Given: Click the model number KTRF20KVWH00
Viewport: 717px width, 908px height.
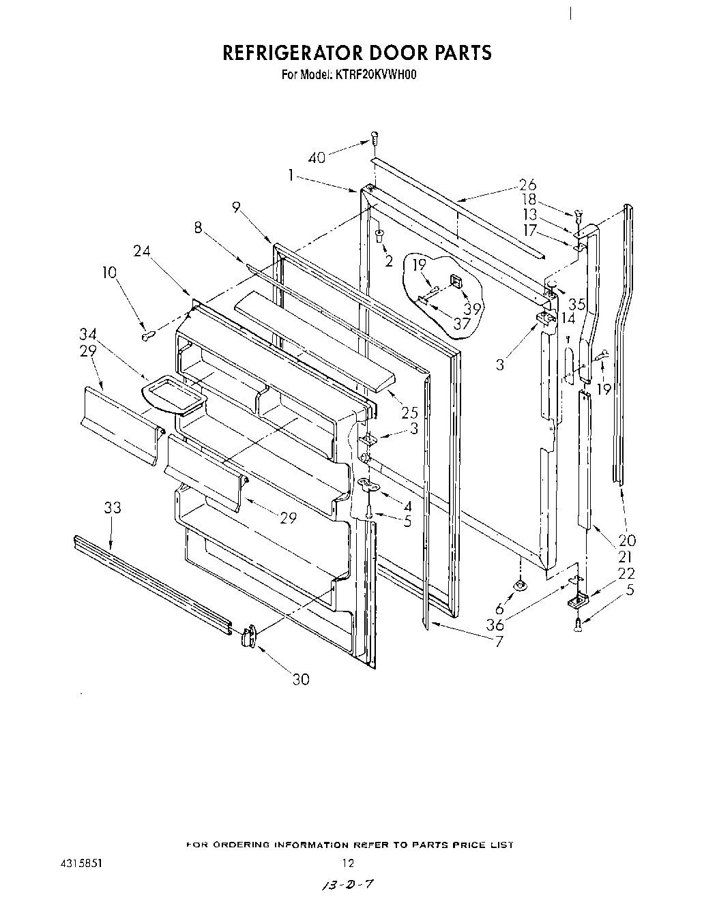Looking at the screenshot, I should click(x=376, y=74).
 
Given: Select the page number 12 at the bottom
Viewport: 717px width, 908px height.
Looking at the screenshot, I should click(x=348, y=863).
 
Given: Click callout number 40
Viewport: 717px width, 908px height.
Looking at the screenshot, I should click(x=317, y=157).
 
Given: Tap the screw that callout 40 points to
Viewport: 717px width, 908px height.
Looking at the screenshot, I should click(x=375, y=138).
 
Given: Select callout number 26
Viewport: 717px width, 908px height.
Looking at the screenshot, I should click(x=527, y=184).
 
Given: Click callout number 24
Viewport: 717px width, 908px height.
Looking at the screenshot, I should click(x=142, y=252).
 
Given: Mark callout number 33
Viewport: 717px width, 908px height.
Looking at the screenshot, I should click(x=113, y=507).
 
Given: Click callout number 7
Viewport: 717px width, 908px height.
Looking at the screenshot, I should click(x=500, y=641).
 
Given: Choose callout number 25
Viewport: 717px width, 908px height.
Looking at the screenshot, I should click(x=410, y=412).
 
